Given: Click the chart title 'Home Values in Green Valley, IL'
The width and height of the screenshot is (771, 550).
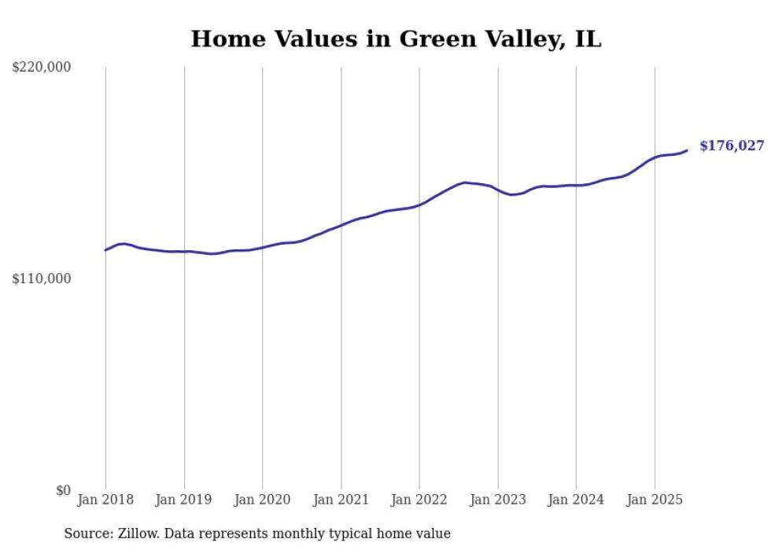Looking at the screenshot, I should (396, 39).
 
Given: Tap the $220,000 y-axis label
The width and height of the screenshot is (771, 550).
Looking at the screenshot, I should (41, 68).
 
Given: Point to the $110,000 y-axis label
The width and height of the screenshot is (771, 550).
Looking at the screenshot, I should (41, 279).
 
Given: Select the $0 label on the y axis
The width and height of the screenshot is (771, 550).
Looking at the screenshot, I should (63, 490).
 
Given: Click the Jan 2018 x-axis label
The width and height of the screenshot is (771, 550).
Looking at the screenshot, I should (105, 500).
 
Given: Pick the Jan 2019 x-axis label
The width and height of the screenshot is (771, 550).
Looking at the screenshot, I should (184, 500).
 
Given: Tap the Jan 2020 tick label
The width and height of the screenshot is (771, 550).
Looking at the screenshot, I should (263, 500).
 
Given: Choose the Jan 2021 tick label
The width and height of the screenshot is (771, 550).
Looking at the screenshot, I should (341, 500).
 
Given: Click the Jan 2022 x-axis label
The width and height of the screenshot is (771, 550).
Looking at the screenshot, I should (419, 500).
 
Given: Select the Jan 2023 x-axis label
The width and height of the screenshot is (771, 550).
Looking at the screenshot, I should (498, 500).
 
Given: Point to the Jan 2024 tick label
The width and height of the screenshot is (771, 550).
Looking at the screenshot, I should (576, 500).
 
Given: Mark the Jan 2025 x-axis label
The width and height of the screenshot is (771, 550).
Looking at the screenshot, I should (655, 500).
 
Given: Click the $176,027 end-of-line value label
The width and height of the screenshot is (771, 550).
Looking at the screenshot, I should (732, 146).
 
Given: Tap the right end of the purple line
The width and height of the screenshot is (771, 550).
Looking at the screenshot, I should (687, 150).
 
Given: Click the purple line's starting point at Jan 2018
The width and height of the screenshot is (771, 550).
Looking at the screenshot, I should (105, 250).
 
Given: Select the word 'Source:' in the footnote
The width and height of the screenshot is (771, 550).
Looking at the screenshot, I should (87, 533).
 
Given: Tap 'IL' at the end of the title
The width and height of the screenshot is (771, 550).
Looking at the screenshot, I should (588, 39).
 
